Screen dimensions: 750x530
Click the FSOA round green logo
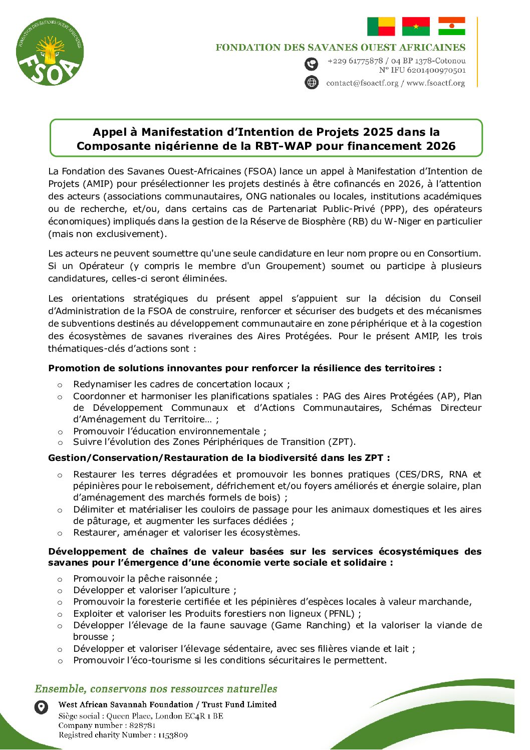tap(50, 52)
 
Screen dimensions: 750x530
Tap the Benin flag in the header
tap(381, 27)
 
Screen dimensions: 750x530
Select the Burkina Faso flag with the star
tap(416, 27)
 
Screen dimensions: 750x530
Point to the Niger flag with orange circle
tap(451, 27)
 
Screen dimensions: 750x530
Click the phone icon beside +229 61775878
tap(312, 64)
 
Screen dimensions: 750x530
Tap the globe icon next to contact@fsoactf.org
tap(312, 82)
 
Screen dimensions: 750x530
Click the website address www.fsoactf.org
tap(435, 83)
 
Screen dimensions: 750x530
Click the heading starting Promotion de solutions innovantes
tap(244, 368)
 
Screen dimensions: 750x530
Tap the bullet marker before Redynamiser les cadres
tap(60, 385)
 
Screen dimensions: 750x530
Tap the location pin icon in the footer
tap(41, 707)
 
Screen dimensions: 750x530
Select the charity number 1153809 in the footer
tap(173, 735)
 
